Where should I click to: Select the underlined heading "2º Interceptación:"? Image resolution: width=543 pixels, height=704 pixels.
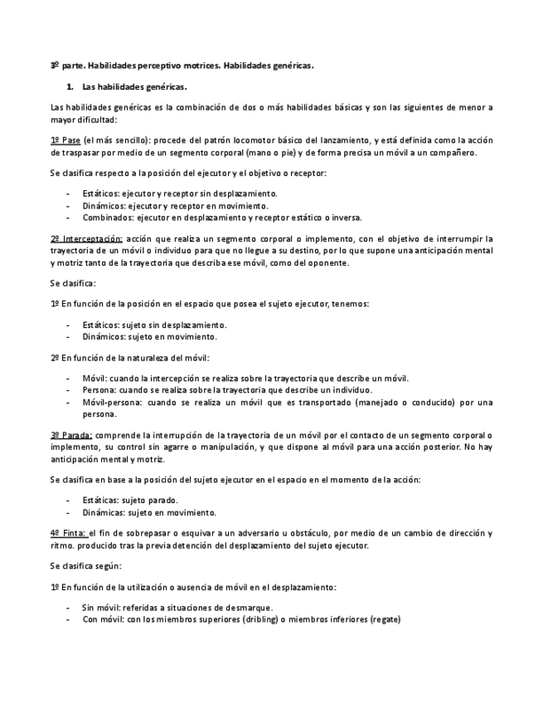[86, 239]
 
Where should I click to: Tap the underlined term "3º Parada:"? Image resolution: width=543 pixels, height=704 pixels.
[71, 435]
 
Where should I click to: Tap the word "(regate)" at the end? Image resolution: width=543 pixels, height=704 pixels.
[385, 619]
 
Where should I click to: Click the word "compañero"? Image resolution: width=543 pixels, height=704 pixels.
[454, 153]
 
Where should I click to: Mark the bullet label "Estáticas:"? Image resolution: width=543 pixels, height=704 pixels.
[101, 501]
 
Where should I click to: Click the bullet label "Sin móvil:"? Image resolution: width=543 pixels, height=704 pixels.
[100, 608]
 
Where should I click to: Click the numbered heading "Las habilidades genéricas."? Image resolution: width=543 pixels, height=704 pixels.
[135, 86]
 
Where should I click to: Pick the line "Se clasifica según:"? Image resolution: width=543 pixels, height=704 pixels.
[85, 565]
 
